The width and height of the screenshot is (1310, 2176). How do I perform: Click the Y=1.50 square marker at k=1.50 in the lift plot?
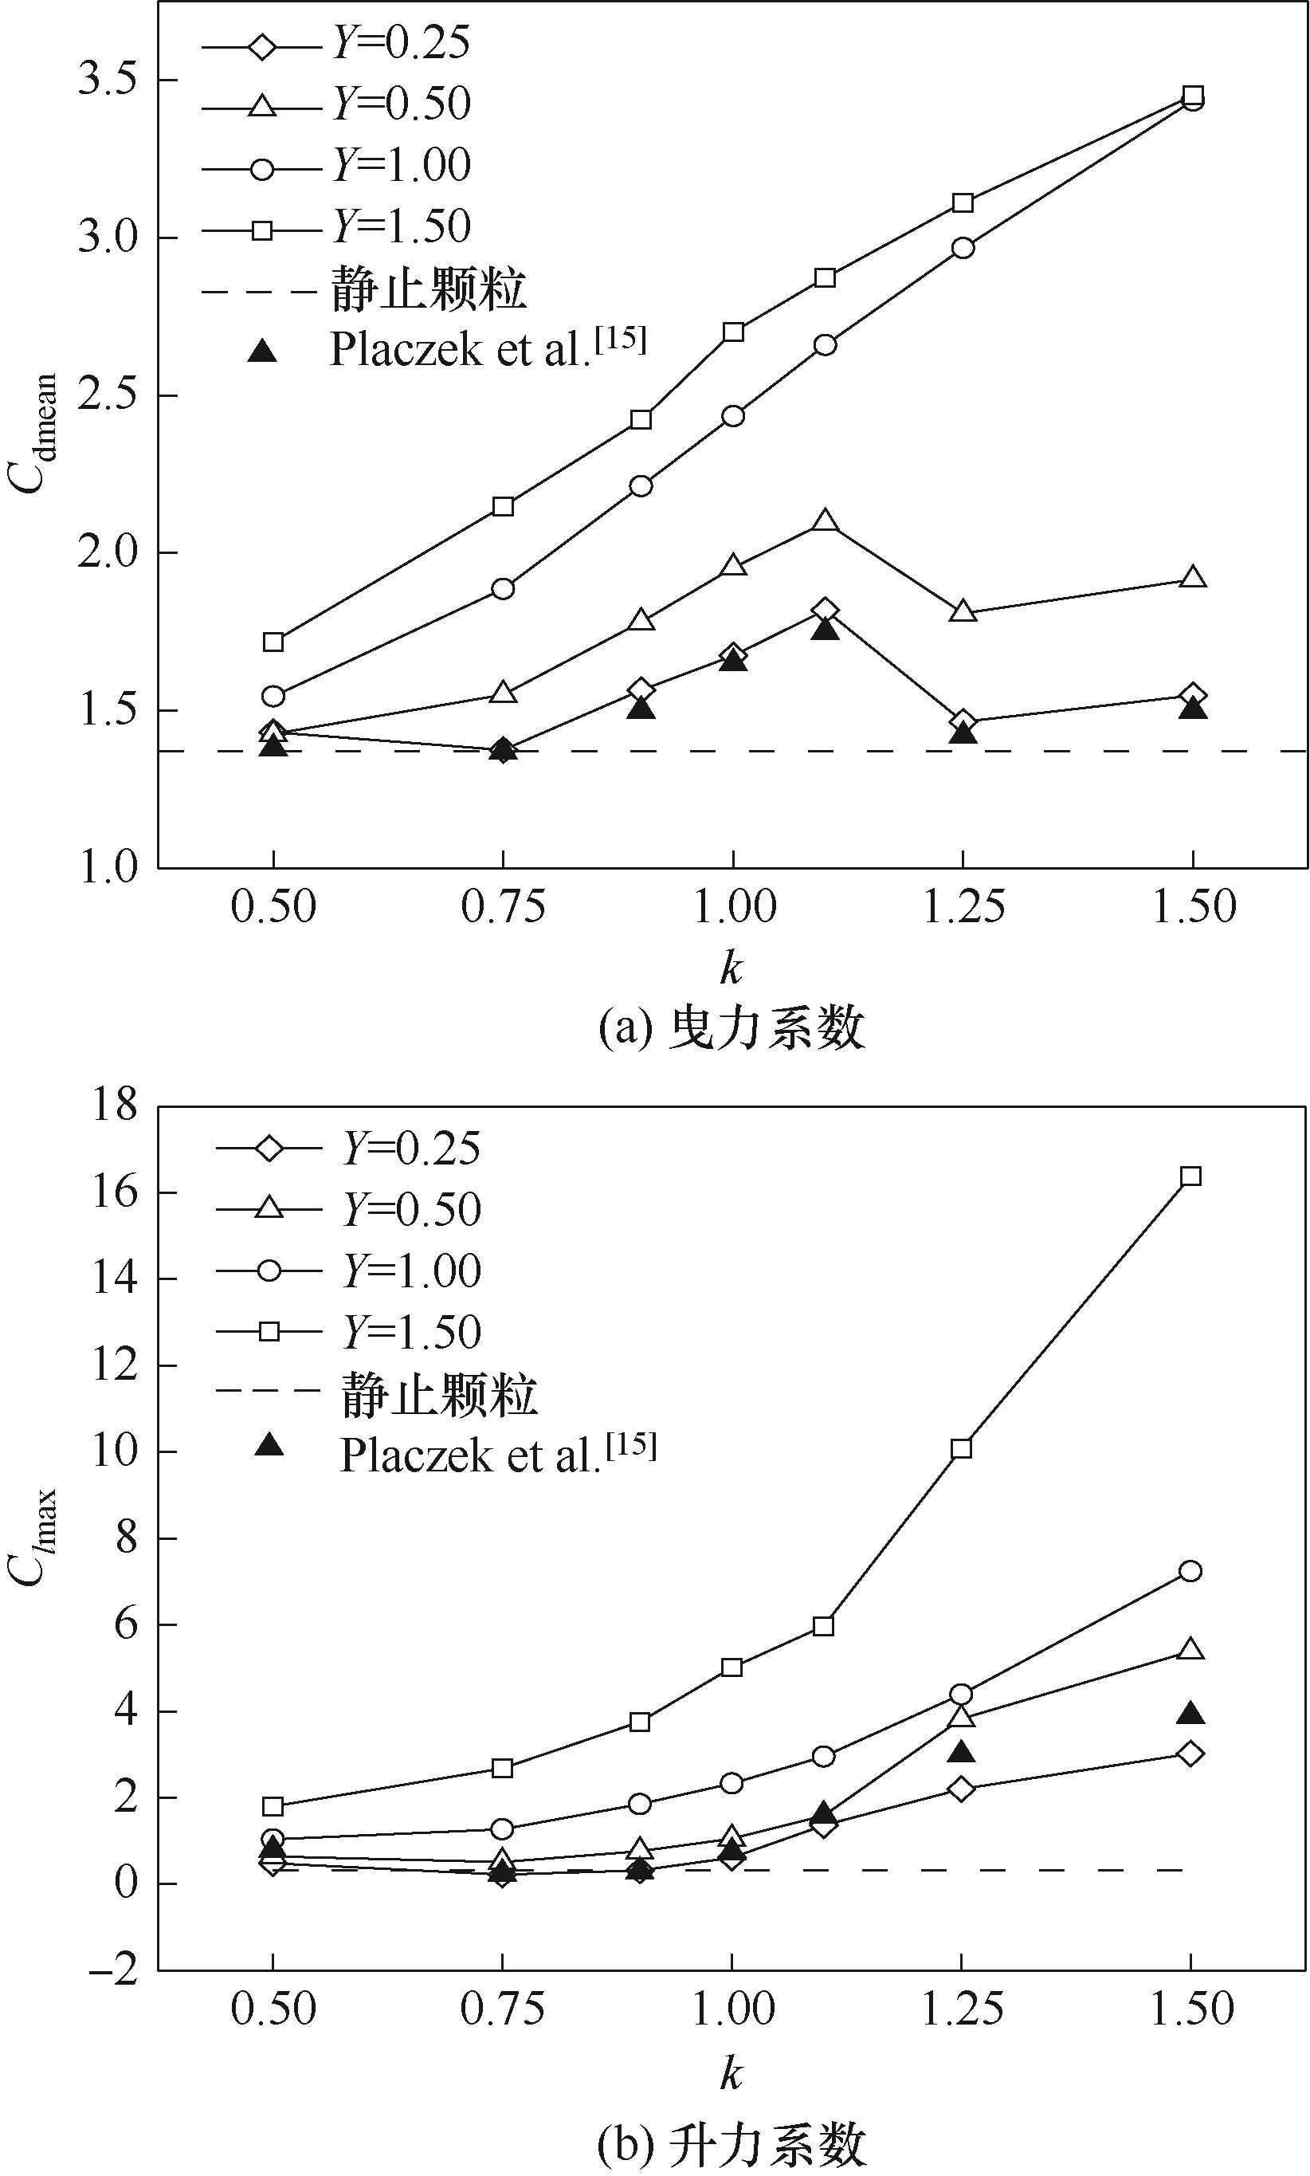pos(1190,1176)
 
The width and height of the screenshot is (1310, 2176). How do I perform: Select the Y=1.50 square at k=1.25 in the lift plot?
pos(961,1447)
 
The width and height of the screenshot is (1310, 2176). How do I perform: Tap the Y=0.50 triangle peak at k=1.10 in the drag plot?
pos(825,520)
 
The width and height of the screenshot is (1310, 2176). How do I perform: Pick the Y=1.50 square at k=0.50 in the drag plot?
pos(273,642)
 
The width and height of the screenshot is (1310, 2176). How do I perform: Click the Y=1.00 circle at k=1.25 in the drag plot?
pos(963,247)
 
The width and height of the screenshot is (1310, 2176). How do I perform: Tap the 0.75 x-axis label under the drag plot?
pos(503,906)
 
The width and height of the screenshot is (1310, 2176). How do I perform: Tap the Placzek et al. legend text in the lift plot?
pos(499,1454)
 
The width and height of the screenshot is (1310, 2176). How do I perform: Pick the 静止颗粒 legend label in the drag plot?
pos(429,289)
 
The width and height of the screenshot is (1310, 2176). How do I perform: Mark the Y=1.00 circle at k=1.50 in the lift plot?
pos(1190,1570)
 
